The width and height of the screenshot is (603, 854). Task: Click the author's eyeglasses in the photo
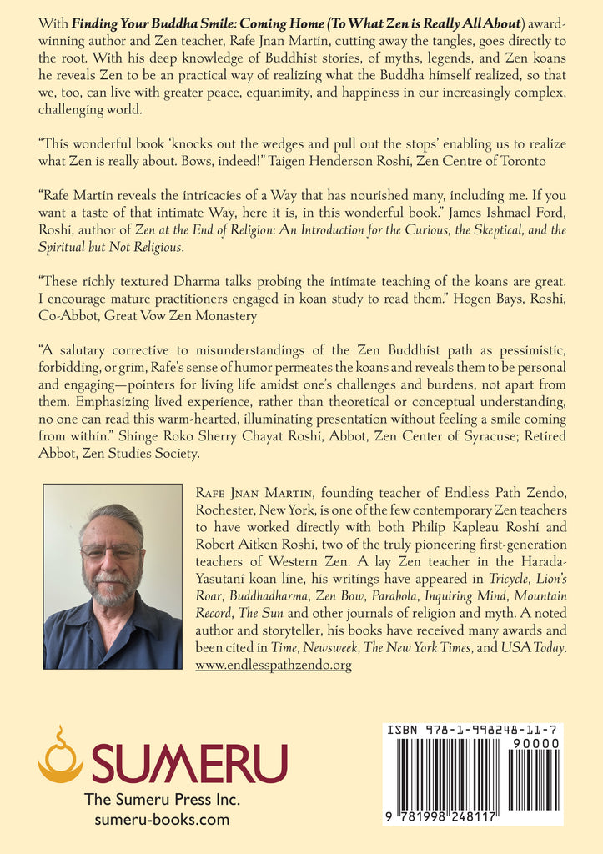111,551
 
